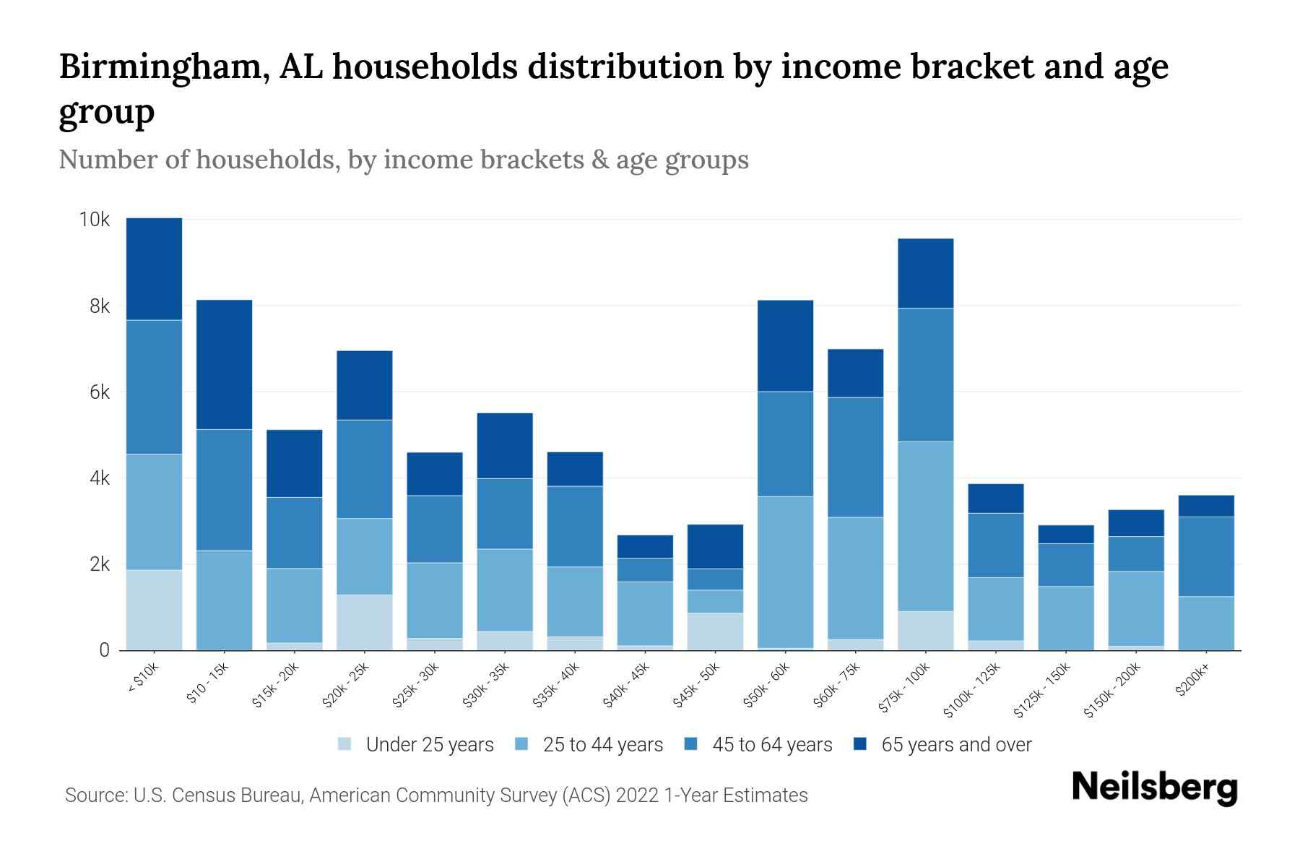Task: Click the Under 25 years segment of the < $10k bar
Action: coord(154,610)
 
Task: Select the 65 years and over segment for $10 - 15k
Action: coord(224,364)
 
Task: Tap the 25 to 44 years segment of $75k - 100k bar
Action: coord(925,526)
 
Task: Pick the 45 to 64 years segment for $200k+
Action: coord(1205,556)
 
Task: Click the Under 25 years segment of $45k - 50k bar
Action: coord(715,631)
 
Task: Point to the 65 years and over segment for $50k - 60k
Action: coord(785,345)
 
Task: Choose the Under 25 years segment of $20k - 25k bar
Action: coord(364,622)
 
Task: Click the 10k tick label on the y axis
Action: coord(94,220)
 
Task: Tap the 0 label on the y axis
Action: coord(105,650)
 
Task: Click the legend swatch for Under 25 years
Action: coord(345,744)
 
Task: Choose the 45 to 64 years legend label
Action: coord(772,744)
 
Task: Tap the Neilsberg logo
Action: coord(1154,788)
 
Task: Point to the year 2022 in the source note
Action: coord(638,795)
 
